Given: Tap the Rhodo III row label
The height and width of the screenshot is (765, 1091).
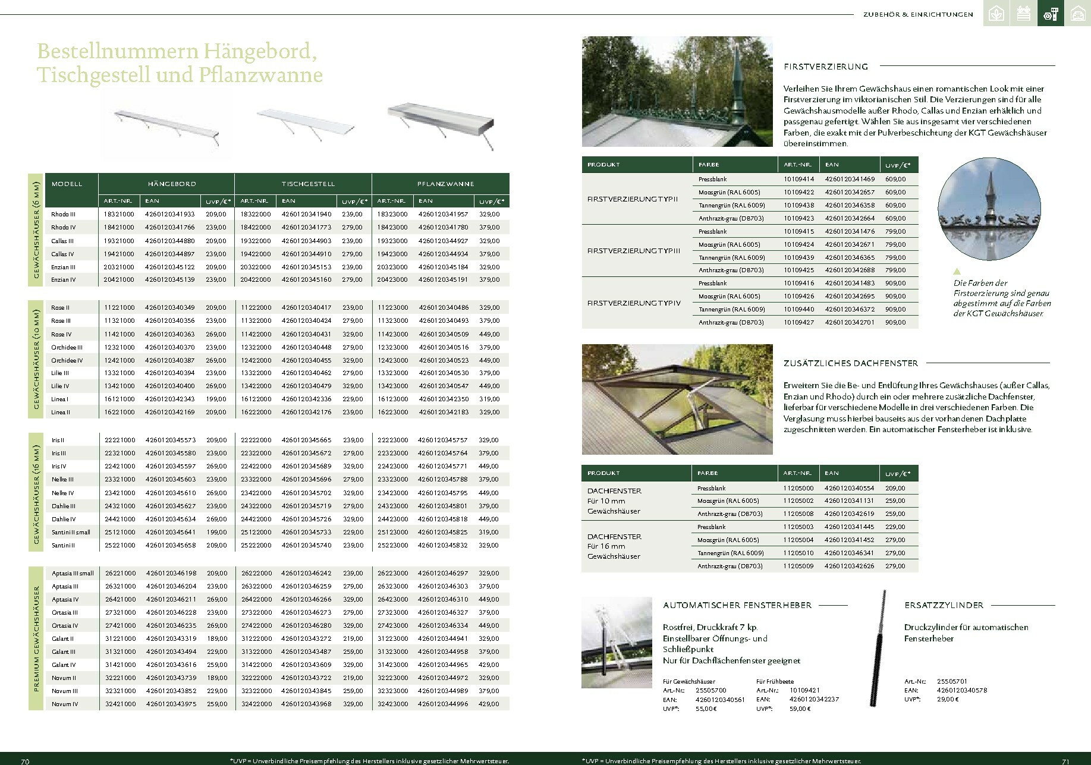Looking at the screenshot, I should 62,214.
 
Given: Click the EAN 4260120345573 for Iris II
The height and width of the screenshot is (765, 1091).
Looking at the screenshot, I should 171,440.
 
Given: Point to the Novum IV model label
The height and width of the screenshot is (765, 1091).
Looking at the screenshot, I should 65,704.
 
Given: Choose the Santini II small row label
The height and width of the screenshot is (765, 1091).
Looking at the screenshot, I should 71,533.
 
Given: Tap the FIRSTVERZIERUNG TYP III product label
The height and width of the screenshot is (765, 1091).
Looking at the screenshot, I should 633,251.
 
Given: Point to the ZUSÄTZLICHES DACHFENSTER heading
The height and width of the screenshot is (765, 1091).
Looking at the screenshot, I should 851,363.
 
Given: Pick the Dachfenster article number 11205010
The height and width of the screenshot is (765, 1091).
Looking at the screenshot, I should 798,553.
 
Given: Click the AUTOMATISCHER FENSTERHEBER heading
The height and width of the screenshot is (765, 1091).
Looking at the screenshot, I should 737,605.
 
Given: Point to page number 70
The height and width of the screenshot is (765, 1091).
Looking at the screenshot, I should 25,761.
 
